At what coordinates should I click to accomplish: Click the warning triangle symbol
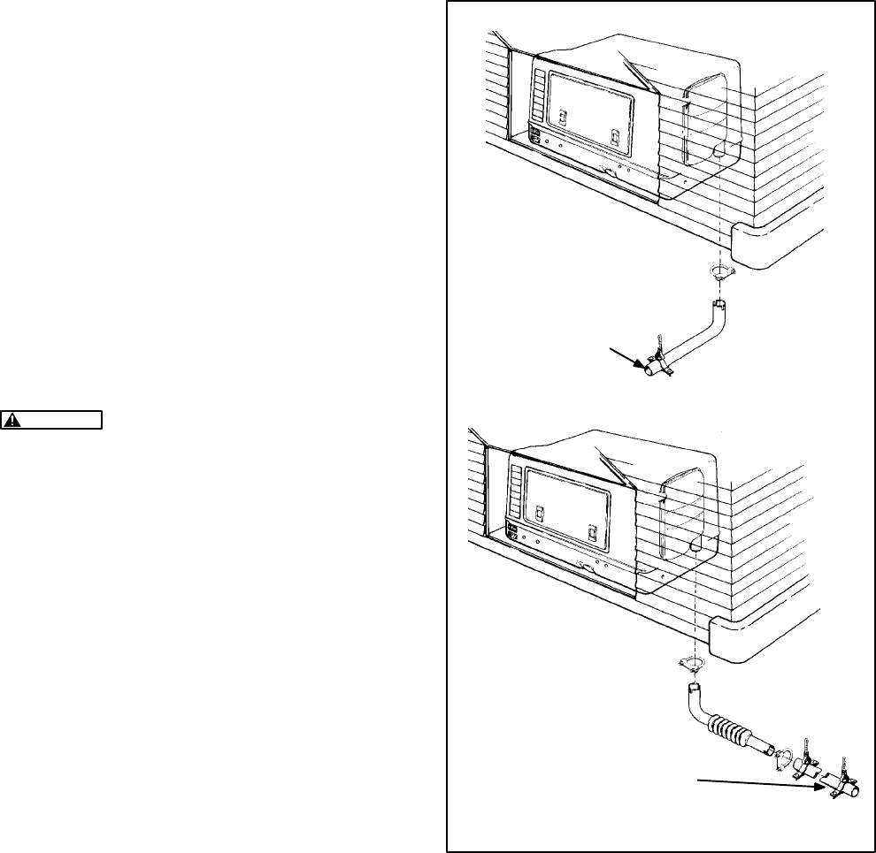13,420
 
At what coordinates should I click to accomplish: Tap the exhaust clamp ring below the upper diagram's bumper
722,270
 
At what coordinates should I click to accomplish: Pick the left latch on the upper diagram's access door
561,116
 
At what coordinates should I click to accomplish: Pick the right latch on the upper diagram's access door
616,138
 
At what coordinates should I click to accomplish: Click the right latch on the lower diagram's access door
594,533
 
